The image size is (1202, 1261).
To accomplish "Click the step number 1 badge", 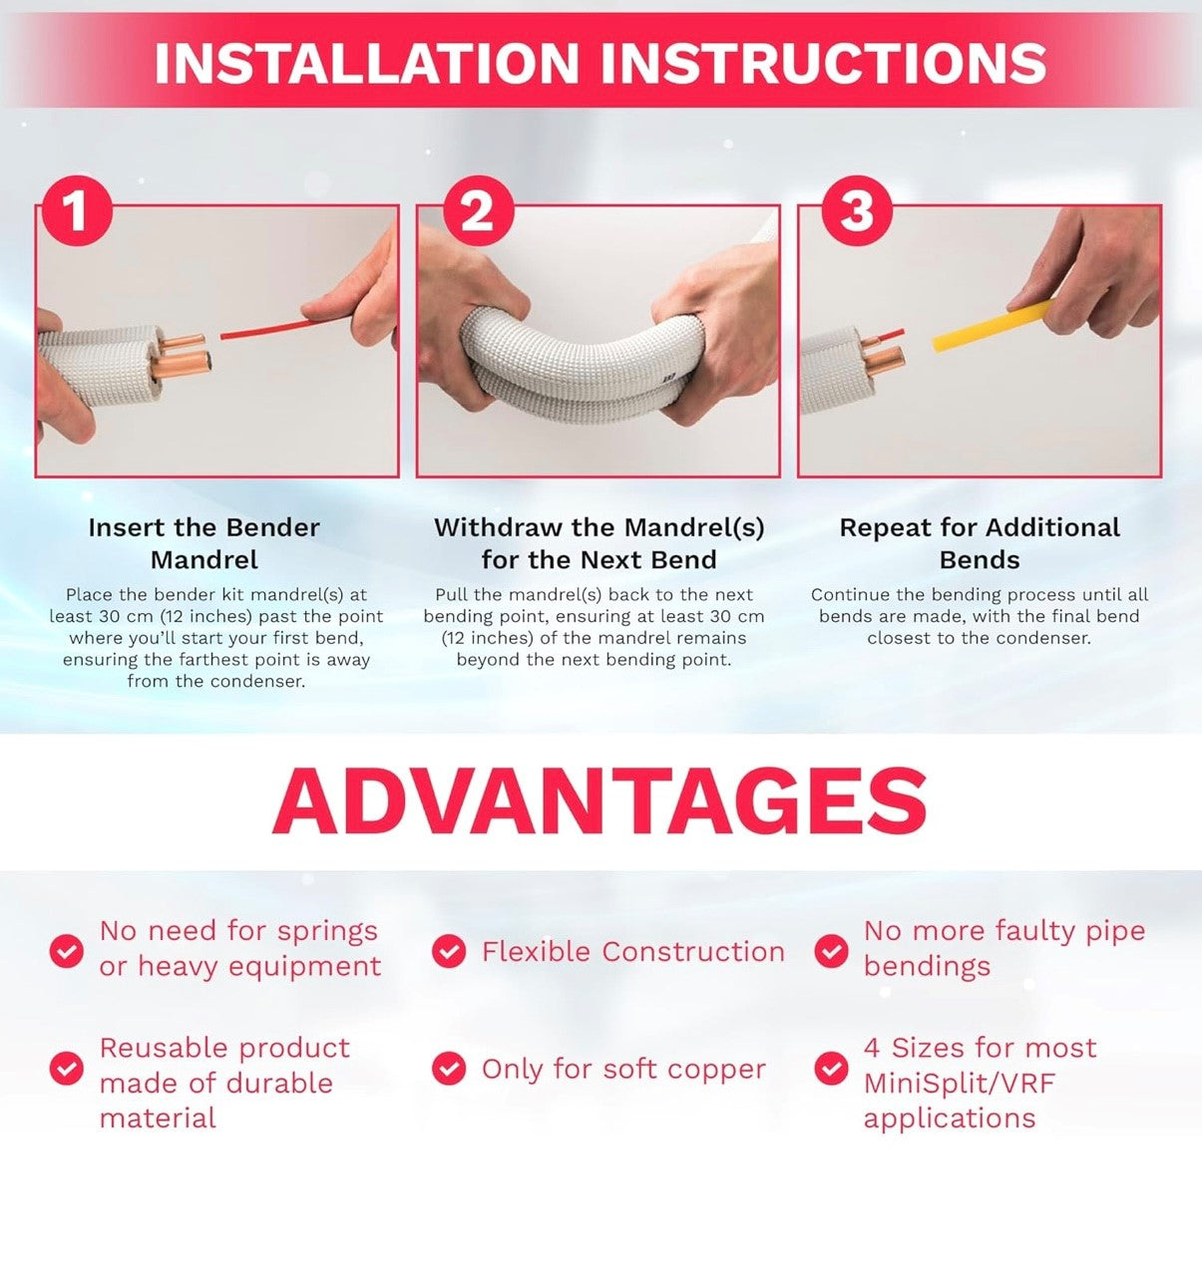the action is [77, 209].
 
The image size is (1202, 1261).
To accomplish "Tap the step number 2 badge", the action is [478, 209].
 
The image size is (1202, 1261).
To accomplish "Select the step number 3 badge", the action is [857, 209].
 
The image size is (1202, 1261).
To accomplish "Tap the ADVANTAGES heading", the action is [600, 801].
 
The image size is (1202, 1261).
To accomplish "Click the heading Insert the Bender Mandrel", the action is [204, 543].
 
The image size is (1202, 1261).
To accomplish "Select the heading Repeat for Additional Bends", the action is [980, 543].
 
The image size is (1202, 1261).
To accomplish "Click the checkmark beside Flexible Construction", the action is [449, 951].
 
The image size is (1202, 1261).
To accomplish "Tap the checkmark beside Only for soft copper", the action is [449, 1069].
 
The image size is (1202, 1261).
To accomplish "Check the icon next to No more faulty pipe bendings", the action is [831, 951].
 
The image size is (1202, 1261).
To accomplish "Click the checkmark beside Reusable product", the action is [66, 1069].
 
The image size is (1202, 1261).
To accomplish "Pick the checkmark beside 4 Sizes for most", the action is [831, 1069].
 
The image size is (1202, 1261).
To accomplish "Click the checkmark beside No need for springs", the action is [66, 951].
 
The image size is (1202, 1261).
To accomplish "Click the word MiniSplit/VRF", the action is [960, 1084].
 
